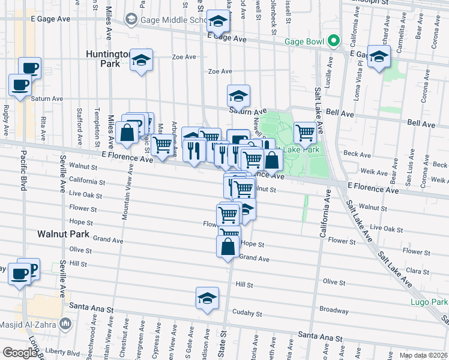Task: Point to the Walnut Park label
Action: click(63, 234)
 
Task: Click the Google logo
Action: click(19, 353)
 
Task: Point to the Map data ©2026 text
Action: click(423, 355)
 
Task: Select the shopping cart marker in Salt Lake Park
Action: click(306, 132)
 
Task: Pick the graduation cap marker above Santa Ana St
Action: click(206, 298)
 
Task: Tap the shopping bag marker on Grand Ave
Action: click(228, 247)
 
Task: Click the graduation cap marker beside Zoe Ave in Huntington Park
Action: click(142, 60)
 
